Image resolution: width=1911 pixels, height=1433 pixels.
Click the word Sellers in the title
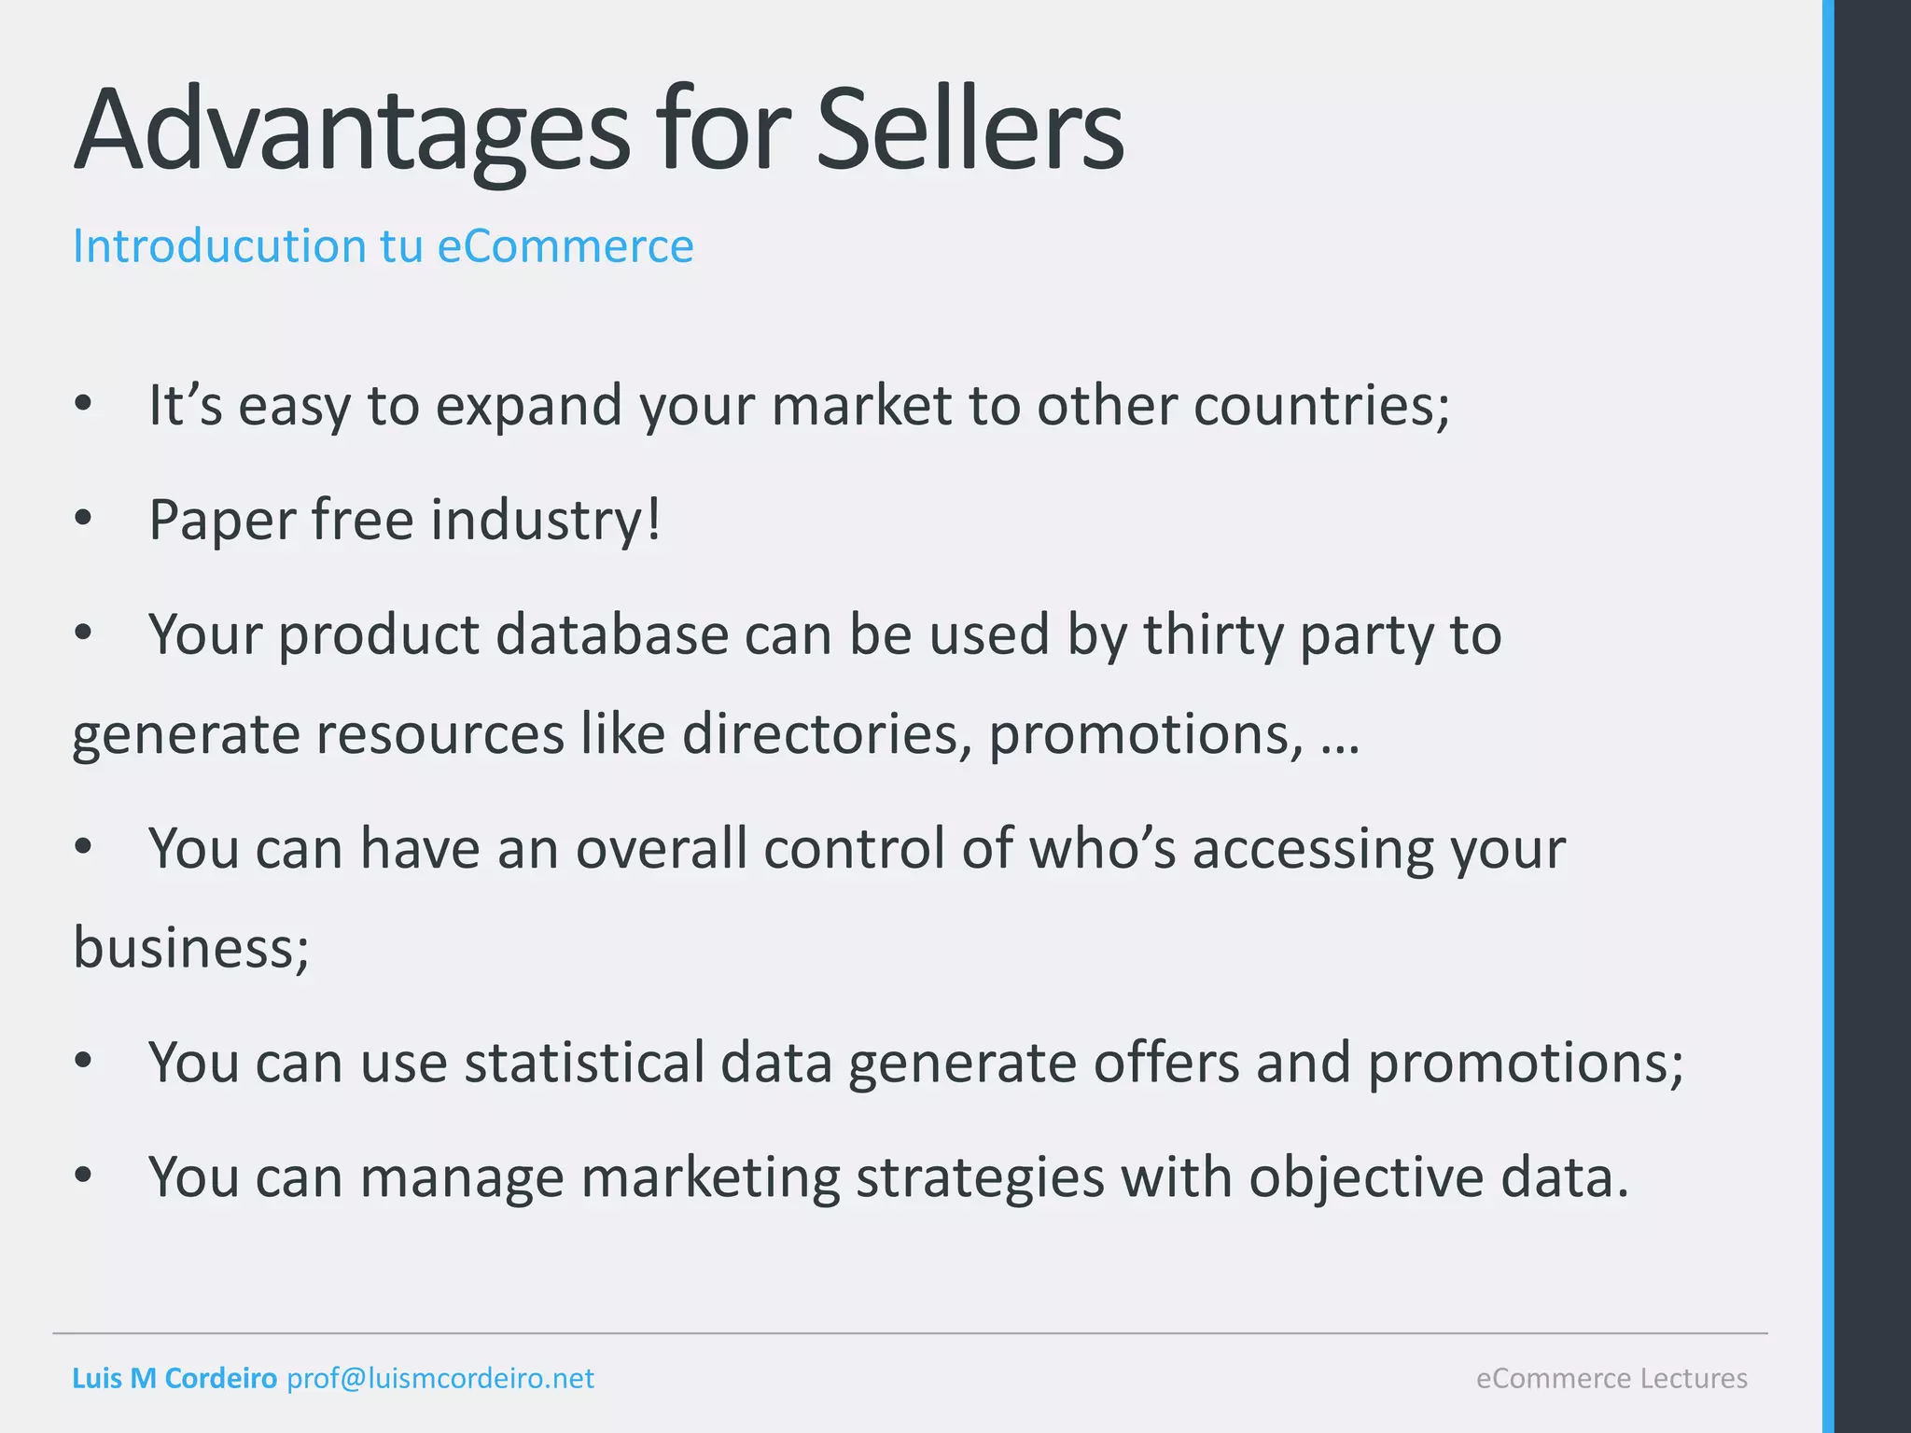point(970,131)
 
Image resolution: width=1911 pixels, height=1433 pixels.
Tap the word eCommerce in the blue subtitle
point(565,246)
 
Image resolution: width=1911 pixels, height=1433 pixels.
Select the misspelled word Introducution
point(219,246)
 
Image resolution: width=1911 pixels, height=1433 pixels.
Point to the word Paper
point(221,521)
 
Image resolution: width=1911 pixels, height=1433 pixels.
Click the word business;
point(191,948)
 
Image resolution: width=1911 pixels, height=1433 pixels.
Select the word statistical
point(584,1063)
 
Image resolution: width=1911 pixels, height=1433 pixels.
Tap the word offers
point(1165,1063)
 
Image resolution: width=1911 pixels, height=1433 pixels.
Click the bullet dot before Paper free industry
point(83,519)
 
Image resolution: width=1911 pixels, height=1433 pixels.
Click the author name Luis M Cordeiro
point(174,1378)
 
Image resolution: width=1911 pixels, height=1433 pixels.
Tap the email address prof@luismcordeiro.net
point(440,1378)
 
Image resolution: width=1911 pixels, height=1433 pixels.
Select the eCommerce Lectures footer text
point(1611,1378)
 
